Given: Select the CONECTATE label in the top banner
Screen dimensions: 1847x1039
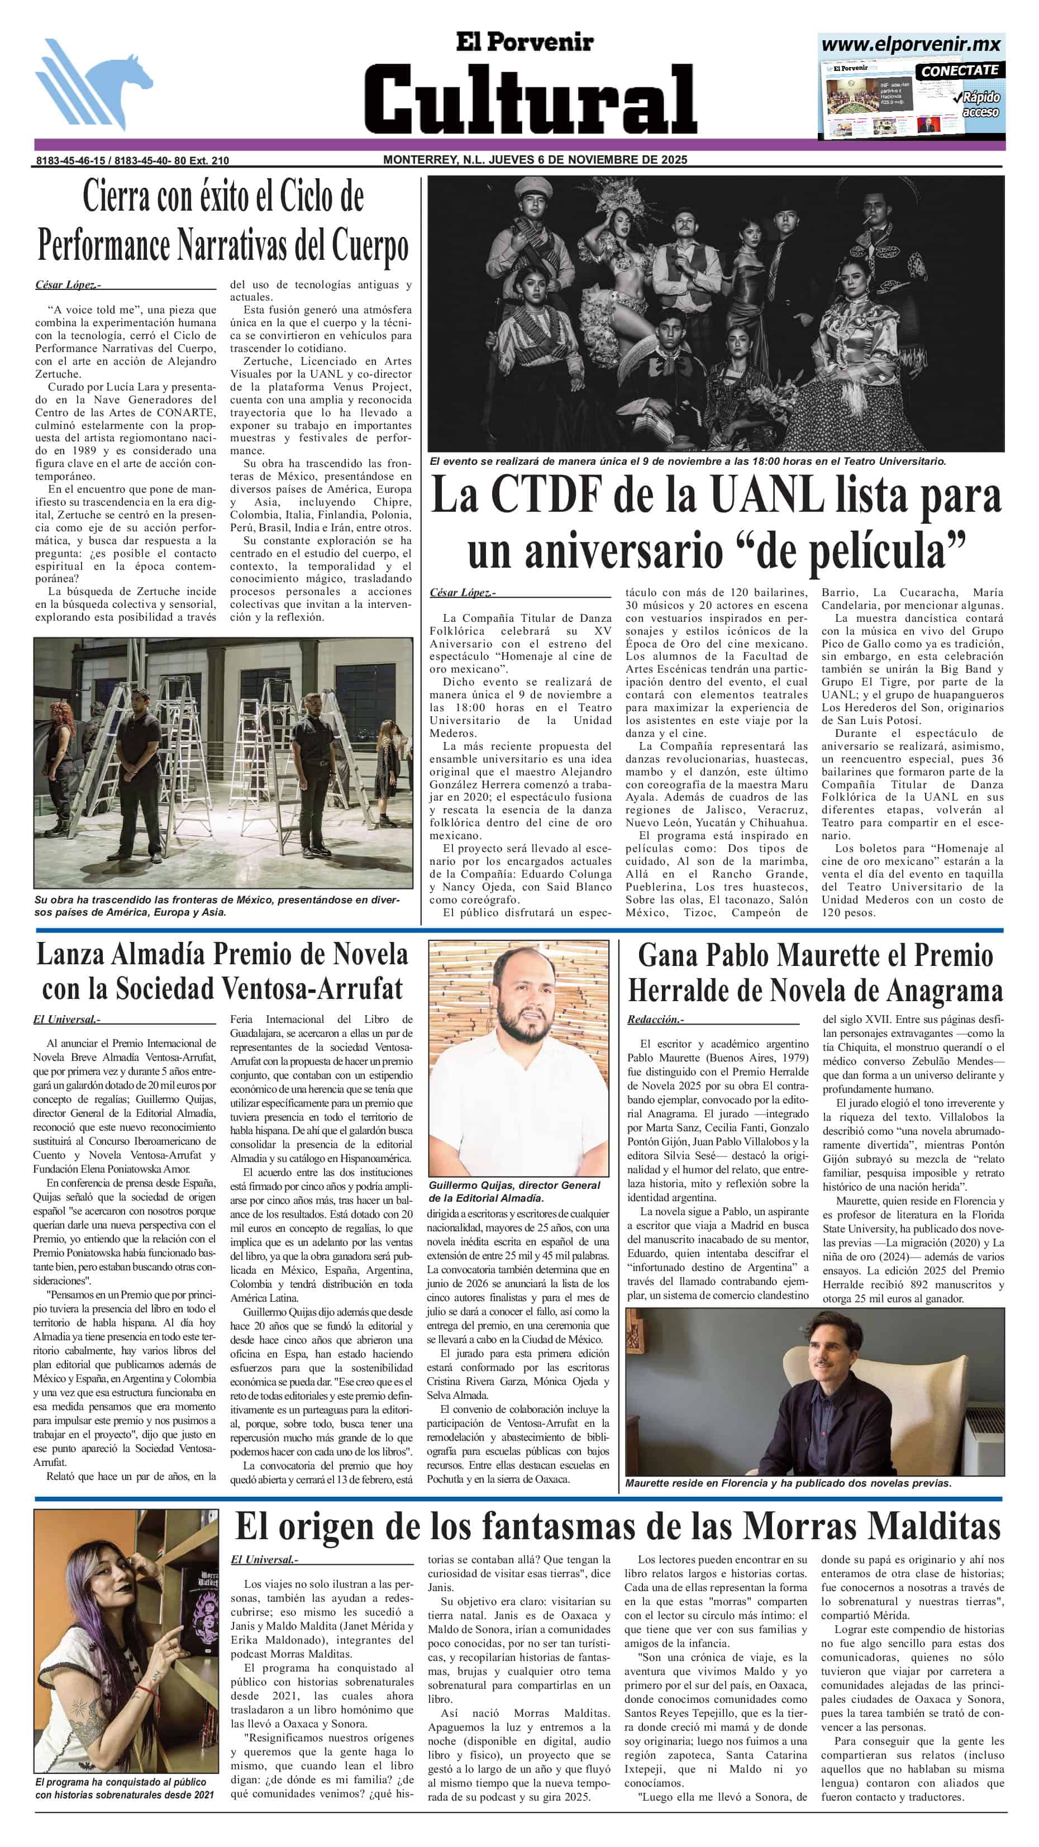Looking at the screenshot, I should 960,70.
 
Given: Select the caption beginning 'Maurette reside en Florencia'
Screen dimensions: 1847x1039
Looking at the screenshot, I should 788,1483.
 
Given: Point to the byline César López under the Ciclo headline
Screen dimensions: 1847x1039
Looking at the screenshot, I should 66,285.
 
